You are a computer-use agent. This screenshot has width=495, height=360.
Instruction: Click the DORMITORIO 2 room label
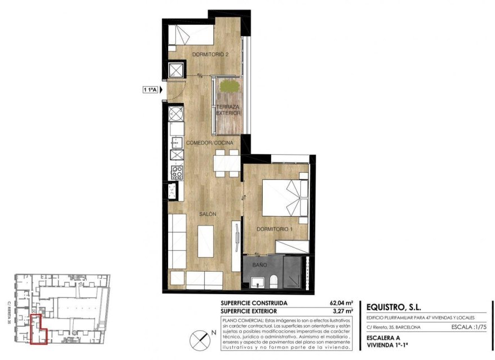point(210,55)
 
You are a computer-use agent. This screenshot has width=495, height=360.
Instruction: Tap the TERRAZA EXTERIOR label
point(228,110)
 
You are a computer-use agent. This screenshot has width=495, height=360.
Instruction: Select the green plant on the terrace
point(228,86)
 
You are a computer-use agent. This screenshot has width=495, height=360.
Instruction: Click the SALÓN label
point(207,214)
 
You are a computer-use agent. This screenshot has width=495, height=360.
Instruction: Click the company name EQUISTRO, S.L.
point(393,307)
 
